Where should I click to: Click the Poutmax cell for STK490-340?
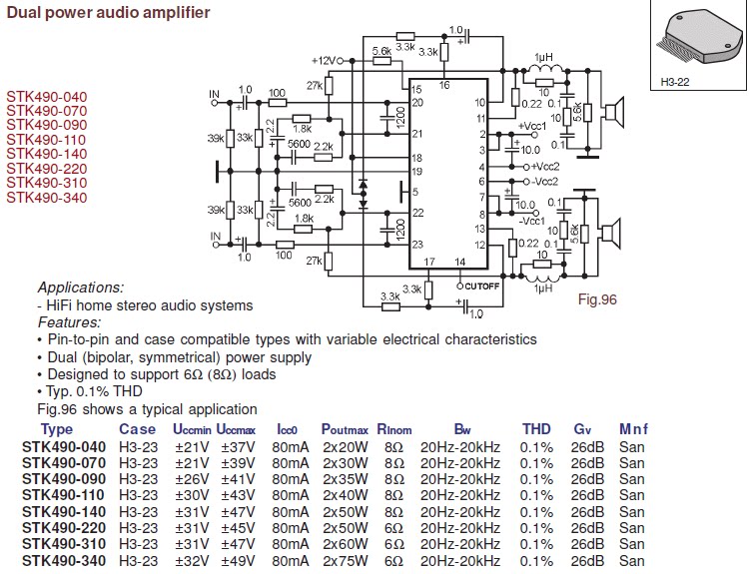[x=345, y=561]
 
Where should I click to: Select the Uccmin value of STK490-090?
[x=192, y=479]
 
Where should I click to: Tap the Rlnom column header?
[x=394, y=429]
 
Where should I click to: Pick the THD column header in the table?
[x=536, y=429]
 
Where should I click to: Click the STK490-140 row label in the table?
[x=64, y=511]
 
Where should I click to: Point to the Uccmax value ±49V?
[x=238, y=561]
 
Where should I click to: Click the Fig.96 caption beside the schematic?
[x=597, y=299]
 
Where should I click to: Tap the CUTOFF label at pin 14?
[x=481, y=287]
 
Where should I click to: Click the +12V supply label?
[x=324, y=61]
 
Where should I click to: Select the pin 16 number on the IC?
[x=444, y=86]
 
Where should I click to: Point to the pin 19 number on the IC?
[x=417, y=172]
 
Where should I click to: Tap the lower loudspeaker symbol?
[x=610, y=233]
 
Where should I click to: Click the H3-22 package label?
[x=674, y=82]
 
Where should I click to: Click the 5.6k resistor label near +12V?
[x=381, y=51]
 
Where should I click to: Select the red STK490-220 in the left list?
[x=47, y=169]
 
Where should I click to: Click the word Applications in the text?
[x=81, y=287]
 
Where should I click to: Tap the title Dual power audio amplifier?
[x=109, y=12]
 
